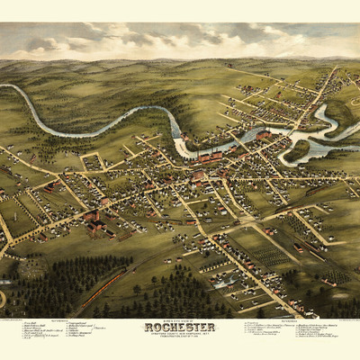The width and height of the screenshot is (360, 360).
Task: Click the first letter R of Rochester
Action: click(148, 327)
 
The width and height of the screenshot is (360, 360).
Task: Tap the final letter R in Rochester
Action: click(212, 327)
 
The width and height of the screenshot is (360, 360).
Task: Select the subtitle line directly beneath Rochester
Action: click(180, 335)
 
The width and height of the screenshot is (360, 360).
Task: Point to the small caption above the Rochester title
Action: click(180, 319)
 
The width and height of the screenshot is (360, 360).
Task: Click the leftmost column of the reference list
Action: click(36, 338)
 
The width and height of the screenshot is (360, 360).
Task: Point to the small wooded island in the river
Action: click(296, 148)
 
